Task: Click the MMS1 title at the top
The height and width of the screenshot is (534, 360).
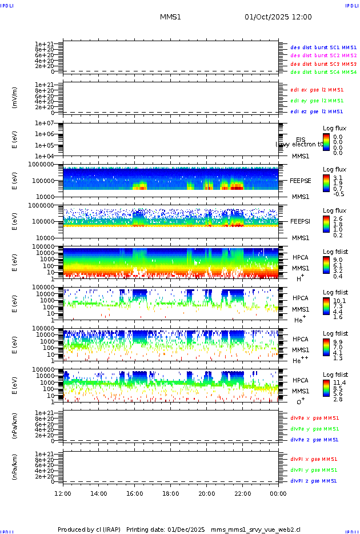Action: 170,17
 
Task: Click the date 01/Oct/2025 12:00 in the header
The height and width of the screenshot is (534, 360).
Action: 278,17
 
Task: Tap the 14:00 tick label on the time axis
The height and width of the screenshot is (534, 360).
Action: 99,493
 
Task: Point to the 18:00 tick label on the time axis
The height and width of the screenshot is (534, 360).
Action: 171,493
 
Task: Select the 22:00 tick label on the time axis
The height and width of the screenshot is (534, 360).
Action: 243,493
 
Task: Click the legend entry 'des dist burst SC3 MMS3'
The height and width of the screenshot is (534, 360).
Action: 323,63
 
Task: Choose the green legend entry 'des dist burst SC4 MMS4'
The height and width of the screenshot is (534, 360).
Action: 323,72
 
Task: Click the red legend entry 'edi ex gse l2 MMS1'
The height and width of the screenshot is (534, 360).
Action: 317,89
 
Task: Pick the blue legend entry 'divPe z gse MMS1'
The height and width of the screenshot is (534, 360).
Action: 315,440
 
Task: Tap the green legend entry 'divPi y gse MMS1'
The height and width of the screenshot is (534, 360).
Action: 315,469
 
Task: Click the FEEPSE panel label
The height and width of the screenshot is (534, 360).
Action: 301,180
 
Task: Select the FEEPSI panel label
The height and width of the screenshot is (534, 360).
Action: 301,221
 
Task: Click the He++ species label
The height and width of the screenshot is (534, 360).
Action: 301,360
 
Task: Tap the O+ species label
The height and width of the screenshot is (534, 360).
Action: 300,402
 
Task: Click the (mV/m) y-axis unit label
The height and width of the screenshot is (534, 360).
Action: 15,98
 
